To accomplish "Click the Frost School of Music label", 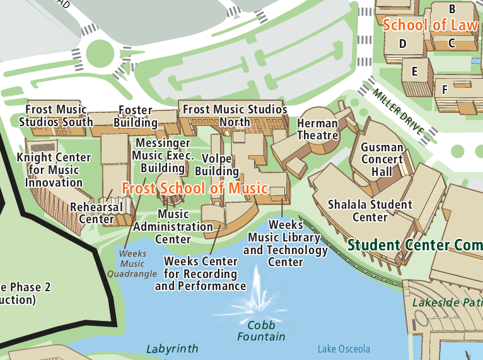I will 195,189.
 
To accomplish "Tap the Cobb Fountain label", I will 257,331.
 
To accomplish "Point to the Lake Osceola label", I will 344,349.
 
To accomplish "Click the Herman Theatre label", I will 318,129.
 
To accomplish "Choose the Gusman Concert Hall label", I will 381,160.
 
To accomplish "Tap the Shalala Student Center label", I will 370,211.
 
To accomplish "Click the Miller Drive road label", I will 399,112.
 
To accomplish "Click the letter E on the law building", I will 414,71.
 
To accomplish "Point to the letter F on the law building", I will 445,90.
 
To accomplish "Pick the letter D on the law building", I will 402,44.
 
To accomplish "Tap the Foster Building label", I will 136,116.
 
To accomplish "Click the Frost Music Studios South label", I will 56,116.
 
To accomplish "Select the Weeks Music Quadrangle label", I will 132,264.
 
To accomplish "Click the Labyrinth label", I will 172,349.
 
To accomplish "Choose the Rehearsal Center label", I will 96,213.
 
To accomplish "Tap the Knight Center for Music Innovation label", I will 54,170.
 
